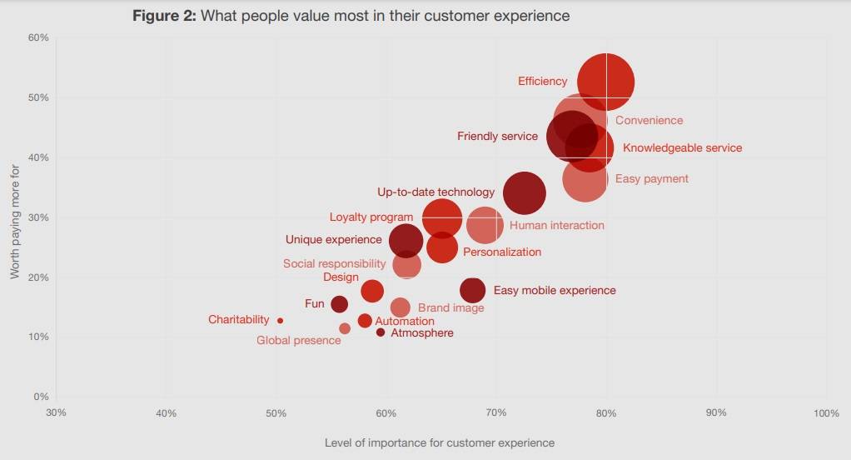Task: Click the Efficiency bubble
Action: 606,81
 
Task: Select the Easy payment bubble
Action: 585,179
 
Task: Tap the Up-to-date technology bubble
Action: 525,193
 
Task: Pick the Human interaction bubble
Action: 485,225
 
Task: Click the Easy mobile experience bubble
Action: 472,290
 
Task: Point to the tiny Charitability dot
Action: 280,321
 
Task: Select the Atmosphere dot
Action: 381,332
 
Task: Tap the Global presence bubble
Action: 345,328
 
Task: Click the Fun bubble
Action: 339,304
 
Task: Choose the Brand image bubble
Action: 401,307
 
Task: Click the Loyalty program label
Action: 371,217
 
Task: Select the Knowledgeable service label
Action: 682,148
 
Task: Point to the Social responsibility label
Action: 334,264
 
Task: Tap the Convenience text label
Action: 649,121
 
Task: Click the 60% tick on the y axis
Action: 39,37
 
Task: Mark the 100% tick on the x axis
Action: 826,413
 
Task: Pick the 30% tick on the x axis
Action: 56,413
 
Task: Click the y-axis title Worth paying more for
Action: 15,220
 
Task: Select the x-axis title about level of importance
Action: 439,442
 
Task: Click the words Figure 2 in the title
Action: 165,16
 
